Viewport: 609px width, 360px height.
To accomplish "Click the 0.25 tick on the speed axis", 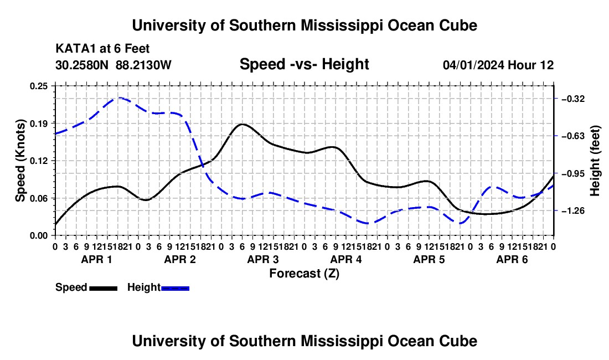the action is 39,86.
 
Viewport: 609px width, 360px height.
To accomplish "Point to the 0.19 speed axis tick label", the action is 39,124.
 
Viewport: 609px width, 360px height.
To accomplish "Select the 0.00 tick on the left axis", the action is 39,236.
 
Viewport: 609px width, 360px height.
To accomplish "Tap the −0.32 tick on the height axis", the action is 573,99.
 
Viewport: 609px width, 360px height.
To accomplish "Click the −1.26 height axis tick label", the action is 573,211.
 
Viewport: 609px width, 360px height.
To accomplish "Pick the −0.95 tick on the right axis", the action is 573,173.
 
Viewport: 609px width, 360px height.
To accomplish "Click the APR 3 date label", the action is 263,259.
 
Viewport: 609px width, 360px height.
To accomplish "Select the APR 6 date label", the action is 512,259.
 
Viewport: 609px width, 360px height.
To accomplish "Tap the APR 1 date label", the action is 96,259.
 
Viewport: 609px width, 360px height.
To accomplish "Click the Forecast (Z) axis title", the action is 304,274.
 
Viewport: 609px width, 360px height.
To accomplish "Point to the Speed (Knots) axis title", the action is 20,161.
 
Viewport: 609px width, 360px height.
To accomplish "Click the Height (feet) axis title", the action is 595,161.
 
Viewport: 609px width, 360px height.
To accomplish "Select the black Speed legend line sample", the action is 104,289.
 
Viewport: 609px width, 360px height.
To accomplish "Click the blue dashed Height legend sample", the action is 175,289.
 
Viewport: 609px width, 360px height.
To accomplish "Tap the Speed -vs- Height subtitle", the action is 304,64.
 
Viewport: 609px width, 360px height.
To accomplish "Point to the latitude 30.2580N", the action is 82,65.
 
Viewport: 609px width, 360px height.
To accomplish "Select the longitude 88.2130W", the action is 144,65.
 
